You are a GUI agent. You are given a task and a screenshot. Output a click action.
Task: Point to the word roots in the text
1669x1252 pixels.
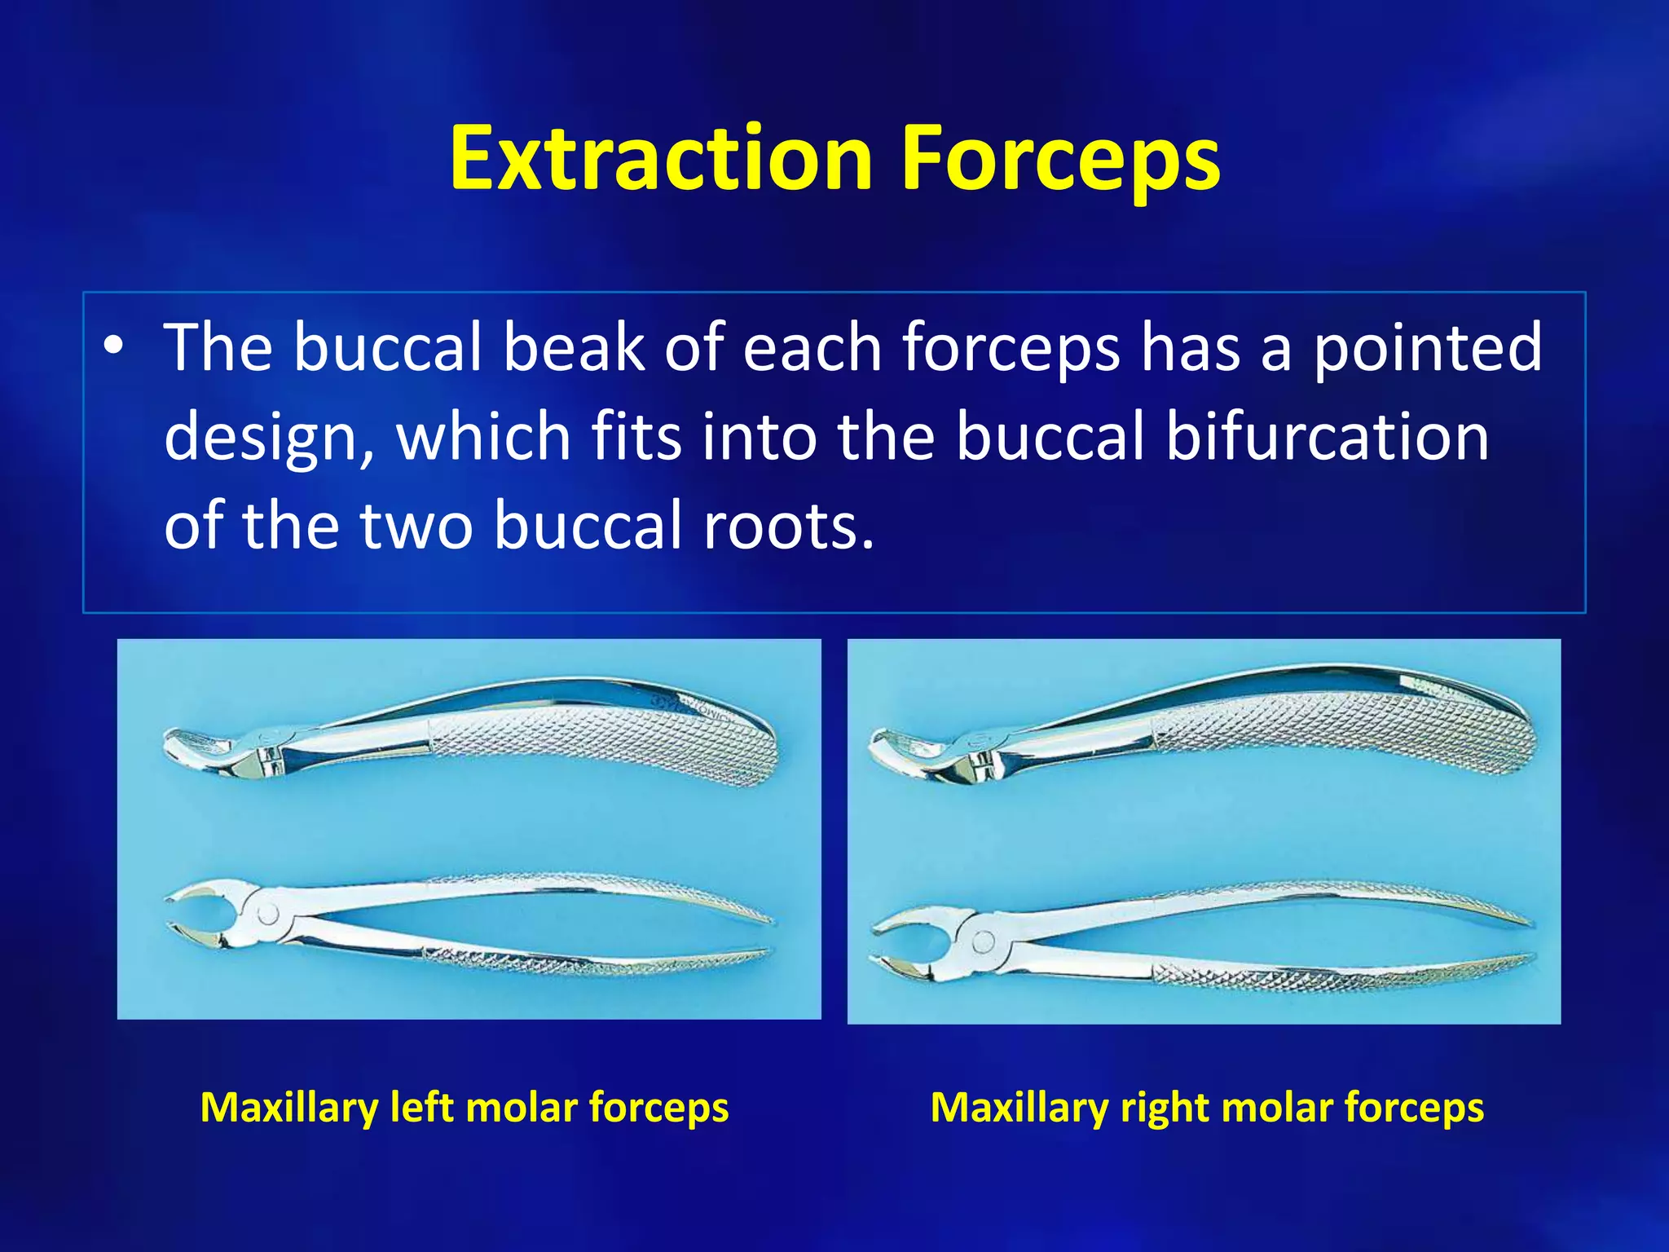click(x=788, y=526)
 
